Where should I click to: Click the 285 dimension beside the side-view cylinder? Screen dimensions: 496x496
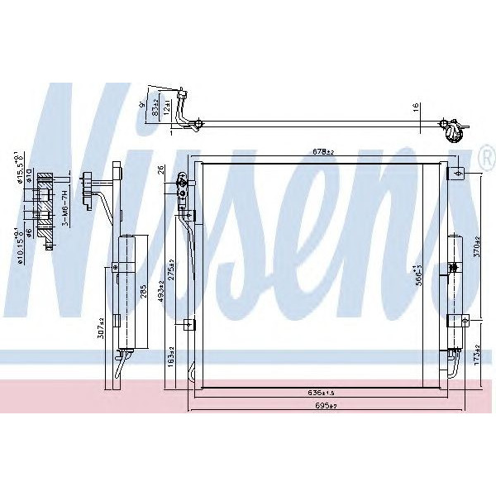pos(144,293)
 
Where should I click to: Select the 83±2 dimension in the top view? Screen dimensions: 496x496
pos(155,105)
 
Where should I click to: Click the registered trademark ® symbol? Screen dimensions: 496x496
pos(485,155)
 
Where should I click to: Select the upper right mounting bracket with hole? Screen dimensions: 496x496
pos(457,172)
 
